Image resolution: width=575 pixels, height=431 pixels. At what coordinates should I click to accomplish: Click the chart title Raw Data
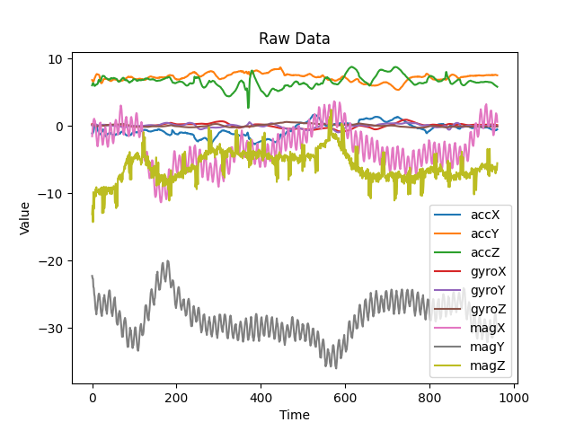294,39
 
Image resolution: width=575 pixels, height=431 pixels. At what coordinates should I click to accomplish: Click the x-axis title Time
294,415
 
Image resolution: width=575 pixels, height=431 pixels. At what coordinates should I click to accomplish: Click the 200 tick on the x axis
176,397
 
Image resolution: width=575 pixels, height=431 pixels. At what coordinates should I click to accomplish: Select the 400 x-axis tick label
261,397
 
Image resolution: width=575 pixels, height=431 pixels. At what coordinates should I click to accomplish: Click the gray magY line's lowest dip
336,367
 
